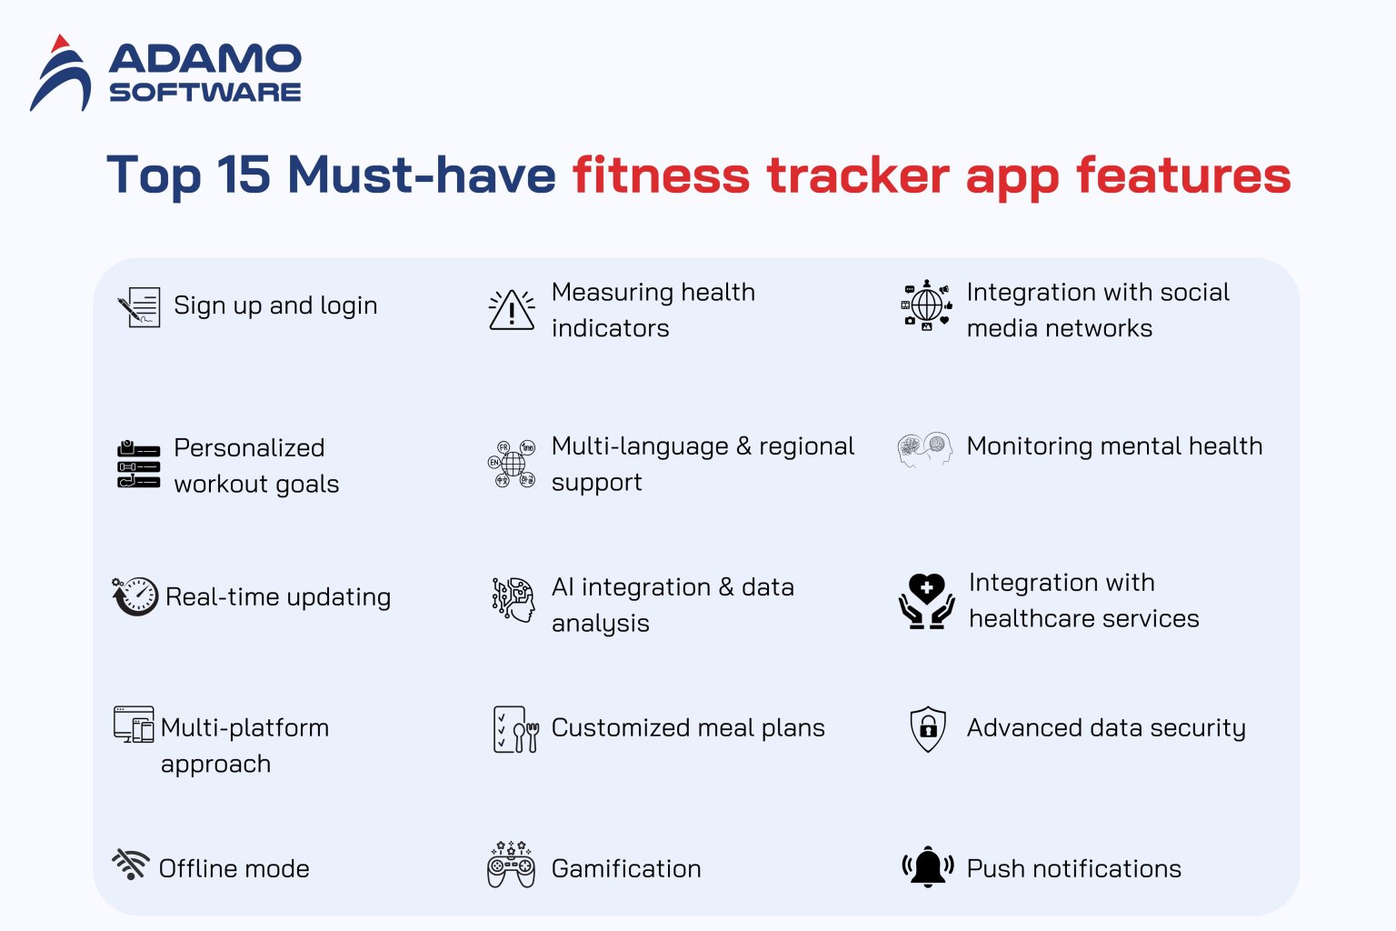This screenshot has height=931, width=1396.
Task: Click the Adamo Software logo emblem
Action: coord(61,74)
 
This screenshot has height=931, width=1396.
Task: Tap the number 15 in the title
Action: coord(244,175)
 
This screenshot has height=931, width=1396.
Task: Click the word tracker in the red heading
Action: coord(858,175)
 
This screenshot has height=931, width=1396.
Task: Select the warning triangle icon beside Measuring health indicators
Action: coord(512,310)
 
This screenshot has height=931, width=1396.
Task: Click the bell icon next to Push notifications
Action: coord(927,866)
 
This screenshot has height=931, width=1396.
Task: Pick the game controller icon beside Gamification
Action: coord(511,866)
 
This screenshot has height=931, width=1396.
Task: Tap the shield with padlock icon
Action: coord(928,729)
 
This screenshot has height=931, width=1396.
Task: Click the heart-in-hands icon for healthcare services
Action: coord(926,601)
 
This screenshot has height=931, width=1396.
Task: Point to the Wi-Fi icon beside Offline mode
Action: coord(131,864)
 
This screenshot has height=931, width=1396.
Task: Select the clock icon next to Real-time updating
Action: coord(136,596)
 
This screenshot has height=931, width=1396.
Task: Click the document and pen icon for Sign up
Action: coord(140,307)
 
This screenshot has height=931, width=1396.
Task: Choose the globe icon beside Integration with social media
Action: coord(926,305)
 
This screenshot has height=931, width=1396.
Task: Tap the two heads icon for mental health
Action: coord(925,448)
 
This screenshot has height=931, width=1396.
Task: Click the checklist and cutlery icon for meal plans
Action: coord(515,729)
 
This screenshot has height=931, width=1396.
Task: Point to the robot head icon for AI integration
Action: coord(514,599)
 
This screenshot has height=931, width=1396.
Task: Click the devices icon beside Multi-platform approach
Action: coord(134,725)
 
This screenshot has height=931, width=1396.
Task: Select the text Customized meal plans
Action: coord(688,728)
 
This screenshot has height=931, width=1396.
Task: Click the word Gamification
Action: coord(626,869)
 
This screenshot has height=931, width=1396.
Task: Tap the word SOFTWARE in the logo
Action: coord(205,93)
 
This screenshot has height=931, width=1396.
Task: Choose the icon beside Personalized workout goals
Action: coord(138,465)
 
